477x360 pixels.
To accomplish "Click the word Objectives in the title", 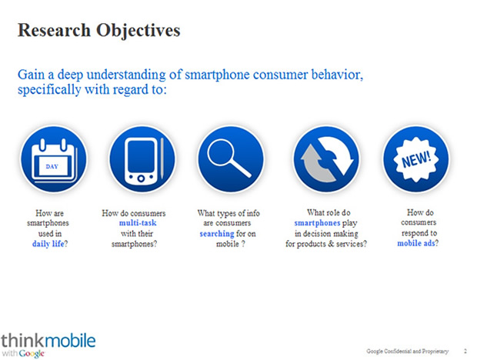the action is [138, 32].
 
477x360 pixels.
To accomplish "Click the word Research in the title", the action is [54, 30].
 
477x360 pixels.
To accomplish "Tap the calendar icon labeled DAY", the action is [54, 159].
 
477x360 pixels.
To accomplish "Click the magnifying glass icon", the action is [231, 159].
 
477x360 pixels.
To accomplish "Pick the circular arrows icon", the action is [326, 159].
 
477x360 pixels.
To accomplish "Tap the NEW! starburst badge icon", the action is [415, 159].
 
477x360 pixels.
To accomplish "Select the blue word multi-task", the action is [138, 223].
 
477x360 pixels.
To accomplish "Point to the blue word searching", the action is [217, 234].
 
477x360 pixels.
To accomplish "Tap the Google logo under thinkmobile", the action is [32, 354].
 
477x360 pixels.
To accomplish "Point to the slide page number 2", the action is [465, 352].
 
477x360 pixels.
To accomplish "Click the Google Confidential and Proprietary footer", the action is [407, 352].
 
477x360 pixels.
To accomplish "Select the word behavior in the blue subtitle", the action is [337, 75].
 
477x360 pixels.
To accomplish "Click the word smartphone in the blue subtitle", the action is [217, 75].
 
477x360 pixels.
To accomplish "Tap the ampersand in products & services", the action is [331, 244].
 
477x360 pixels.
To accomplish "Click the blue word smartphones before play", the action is [317, 223].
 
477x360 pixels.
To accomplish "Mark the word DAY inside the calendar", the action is [52, 166].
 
